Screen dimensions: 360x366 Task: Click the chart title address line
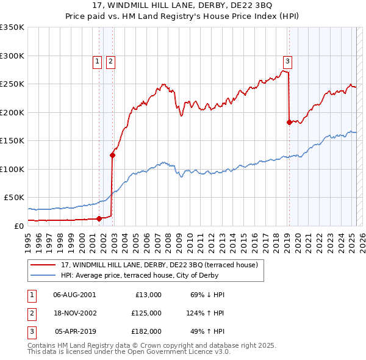pos(183,6)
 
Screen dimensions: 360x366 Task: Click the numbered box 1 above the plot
pos(98,61)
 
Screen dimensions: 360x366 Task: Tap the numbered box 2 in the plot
pos(110,61)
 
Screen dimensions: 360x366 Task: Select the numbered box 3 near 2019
pos(287,61)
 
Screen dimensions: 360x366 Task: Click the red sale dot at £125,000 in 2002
pos(112,155)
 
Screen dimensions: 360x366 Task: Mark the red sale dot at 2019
pos(289,122)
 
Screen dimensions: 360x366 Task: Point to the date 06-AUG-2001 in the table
pos(74,295)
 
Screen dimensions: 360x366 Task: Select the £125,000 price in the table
pos(146,313)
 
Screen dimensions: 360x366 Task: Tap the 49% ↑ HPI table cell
pos(207,332)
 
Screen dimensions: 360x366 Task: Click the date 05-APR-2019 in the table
pos(75,332)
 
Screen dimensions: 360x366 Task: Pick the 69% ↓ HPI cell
pos(207,295)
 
